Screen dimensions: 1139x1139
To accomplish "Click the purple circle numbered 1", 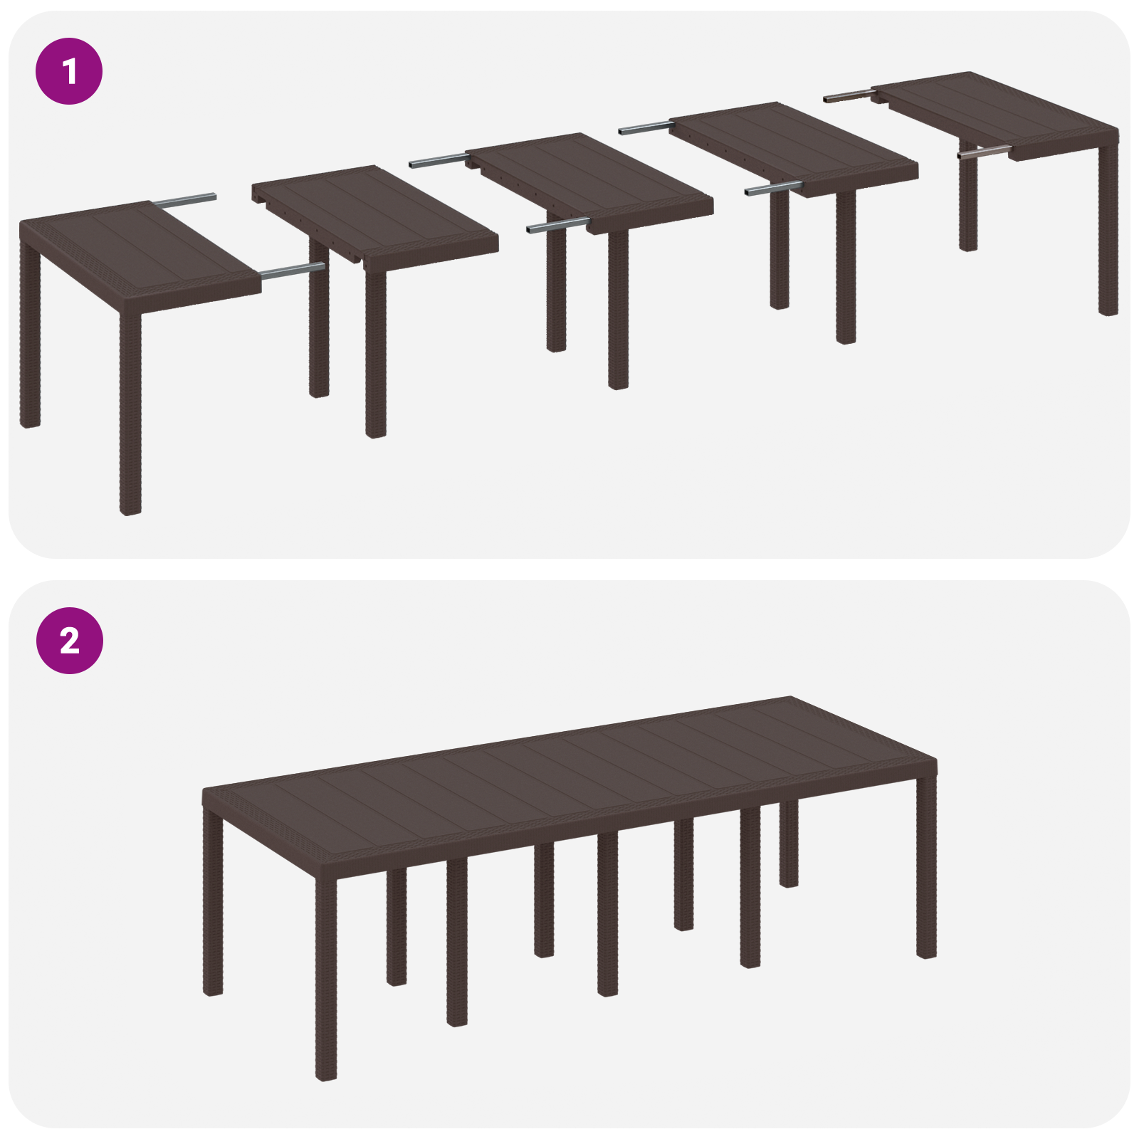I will click(x=69, y=71).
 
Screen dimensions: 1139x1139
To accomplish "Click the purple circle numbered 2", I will click(x=69, y=641).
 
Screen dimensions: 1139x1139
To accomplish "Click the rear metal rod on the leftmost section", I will click(x=185, y=200).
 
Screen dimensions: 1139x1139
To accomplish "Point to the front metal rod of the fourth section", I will click(x=773, y=189).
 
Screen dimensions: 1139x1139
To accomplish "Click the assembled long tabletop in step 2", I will click(x=569, y=769).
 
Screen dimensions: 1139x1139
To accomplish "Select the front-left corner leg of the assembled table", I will click(x=326, y=975).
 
